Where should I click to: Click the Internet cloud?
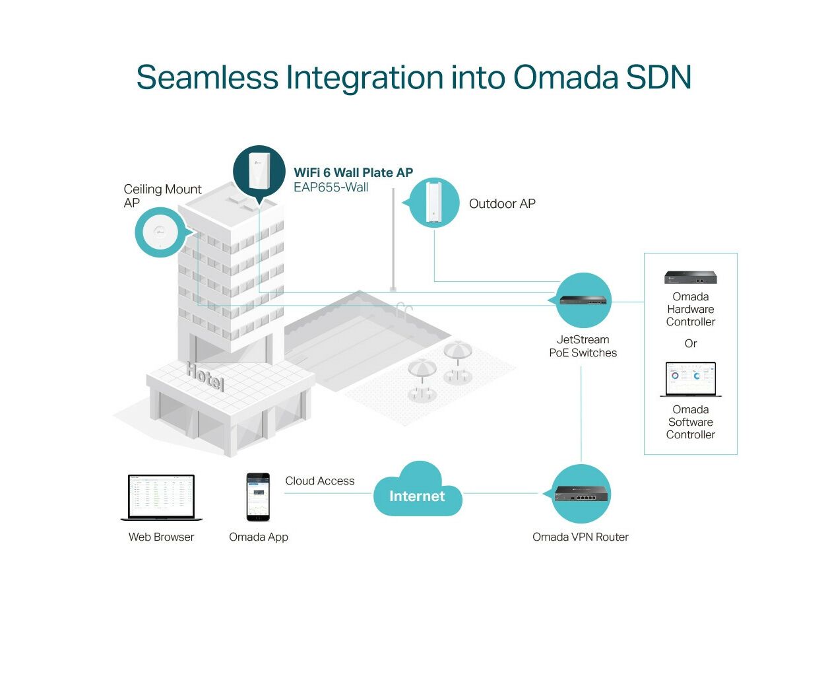tap(418, 490)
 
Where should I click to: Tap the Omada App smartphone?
tap(258, 496)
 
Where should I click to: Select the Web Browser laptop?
tap(162, 497)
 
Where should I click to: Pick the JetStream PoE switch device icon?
tap(583, 300)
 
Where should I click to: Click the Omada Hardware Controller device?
tap(691, 277)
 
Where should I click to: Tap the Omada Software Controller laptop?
tap(691, 379)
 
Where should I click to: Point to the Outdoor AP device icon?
tap(434, 202)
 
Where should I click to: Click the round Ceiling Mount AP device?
tap(160, 232)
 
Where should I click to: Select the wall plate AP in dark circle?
tap(259, 171)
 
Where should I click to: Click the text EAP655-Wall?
tap(331, 187)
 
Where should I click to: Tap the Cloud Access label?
tap(319, 481)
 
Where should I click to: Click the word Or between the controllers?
tap(691, 343)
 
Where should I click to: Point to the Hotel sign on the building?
tap(205, 376)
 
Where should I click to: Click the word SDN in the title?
tap(659, 77)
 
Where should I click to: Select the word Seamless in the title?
tap(207, 77)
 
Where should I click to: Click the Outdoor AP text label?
tap(502, 204)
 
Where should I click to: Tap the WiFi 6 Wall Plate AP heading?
tap(353, 172)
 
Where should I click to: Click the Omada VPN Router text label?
tap(581, 537)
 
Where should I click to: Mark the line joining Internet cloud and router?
tap(503, 493)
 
